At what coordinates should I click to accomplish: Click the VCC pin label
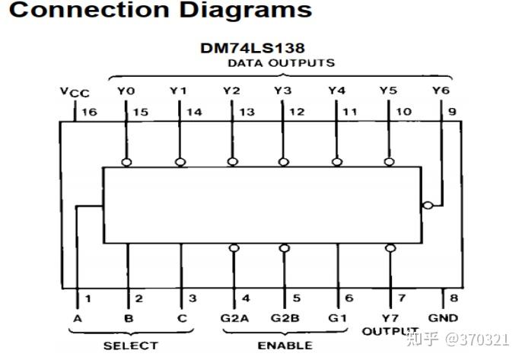[x=75, y=92]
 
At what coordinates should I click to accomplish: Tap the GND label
[x=443, y=318]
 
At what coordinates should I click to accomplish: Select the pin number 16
[x=90, y=112]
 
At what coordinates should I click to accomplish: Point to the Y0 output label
[x=126, y=91]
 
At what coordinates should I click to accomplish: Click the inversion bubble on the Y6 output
[x=428, y=205]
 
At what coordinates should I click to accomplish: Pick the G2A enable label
[x=234, y=318]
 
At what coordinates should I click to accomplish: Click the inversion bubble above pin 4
[x=234, y=248]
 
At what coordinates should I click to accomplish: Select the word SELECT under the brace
[x=131, y=346]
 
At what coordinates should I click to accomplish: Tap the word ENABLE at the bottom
[x=285, y=346]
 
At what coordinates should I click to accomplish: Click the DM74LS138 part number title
[x=253, y=48]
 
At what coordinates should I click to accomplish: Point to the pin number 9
[x=452, y=112]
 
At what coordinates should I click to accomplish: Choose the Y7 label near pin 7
[x=390, y=318]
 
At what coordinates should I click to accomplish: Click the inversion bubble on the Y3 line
[x=283, y=162]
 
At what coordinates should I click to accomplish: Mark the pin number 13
[x=247, y=112]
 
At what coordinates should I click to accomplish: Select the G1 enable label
[x=337, y=318]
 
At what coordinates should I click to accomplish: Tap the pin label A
[x=78, y=318]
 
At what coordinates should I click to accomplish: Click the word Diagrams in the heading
[x=246, y=10]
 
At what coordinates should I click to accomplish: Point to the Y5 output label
[x=389, y=91]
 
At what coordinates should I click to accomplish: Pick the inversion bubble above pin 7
[x=390, y=248]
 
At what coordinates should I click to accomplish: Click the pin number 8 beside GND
[x=454, y=298]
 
